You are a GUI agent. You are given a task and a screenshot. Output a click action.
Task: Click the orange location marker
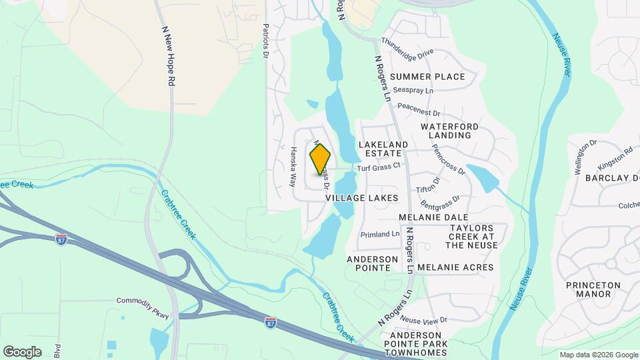click(320, 159)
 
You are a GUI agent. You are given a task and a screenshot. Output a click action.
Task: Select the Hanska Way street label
click(292, 167)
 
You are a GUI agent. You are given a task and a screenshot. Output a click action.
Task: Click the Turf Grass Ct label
click(378, 167)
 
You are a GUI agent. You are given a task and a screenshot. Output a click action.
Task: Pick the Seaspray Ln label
click(413, 89)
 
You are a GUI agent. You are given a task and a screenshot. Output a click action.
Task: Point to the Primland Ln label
click(379, 234)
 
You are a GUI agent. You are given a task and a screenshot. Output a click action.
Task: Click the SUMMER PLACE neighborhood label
click(427, 77)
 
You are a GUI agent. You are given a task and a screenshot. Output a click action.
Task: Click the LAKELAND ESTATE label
click(383, 148)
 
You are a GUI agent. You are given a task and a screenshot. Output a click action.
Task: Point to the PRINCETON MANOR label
click(593, 289)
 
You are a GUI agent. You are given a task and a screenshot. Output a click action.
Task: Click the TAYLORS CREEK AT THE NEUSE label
click(472, 236)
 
